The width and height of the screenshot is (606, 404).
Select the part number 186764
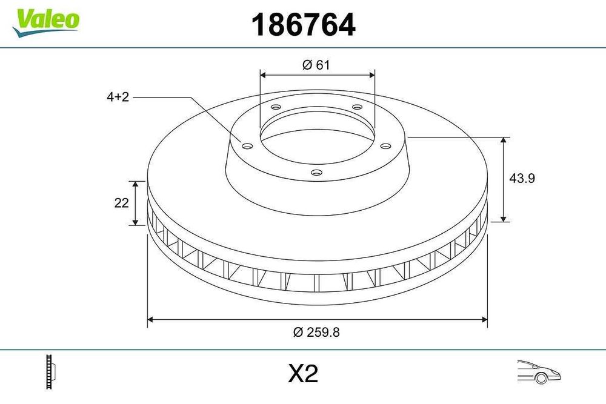click(x=302, y=25)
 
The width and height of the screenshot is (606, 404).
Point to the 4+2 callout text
click(x=118, y=97)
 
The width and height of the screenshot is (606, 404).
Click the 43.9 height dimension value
click(x=522, y=178)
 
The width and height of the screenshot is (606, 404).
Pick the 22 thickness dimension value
click(x=121, y=204)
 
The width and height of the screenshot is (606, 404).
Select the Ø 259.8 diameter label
click(x=316, y=331)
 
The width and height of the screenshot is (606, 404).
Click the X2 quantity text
click(x=302, y=374)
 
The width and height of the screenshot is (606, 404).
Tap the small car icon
click(x=539, y=370)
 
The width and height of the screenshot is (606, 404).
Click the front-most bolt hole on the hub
click(x=315, y=172)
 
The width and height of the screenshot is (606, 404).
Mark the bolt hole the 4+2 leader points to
click(x=247, y=145)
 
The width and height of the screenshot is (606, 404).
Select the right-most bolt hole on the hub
click(x=385, y=145)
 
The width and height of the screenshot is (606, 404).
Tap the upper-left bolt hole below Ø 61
click(x=276, y=108)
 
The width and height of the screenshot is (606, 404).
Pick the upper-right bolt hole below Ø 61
click(x=356, y=108)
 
